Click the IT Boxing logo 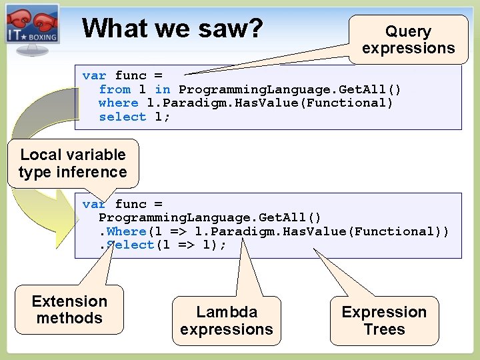(32, 25)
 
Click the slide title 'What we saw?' (173, 28)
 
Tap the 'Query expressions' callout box (408, 40)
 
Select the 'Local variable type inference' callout (73, 163)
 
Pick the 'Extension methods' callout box (69, 310)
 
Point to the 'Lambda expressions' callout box (226, 321)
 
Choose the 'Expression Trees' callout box (384, 321)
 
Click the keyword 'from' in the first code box (115, 89)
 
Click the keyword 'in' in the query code (162, 89)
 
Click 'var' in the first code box (95, 75)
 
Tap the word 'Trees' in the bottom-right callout (384, 329)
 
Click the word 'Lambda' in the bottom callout (227, 312)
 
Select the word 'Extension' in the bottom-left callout (69, 301)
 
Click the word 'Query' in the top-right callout (408, 31)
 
